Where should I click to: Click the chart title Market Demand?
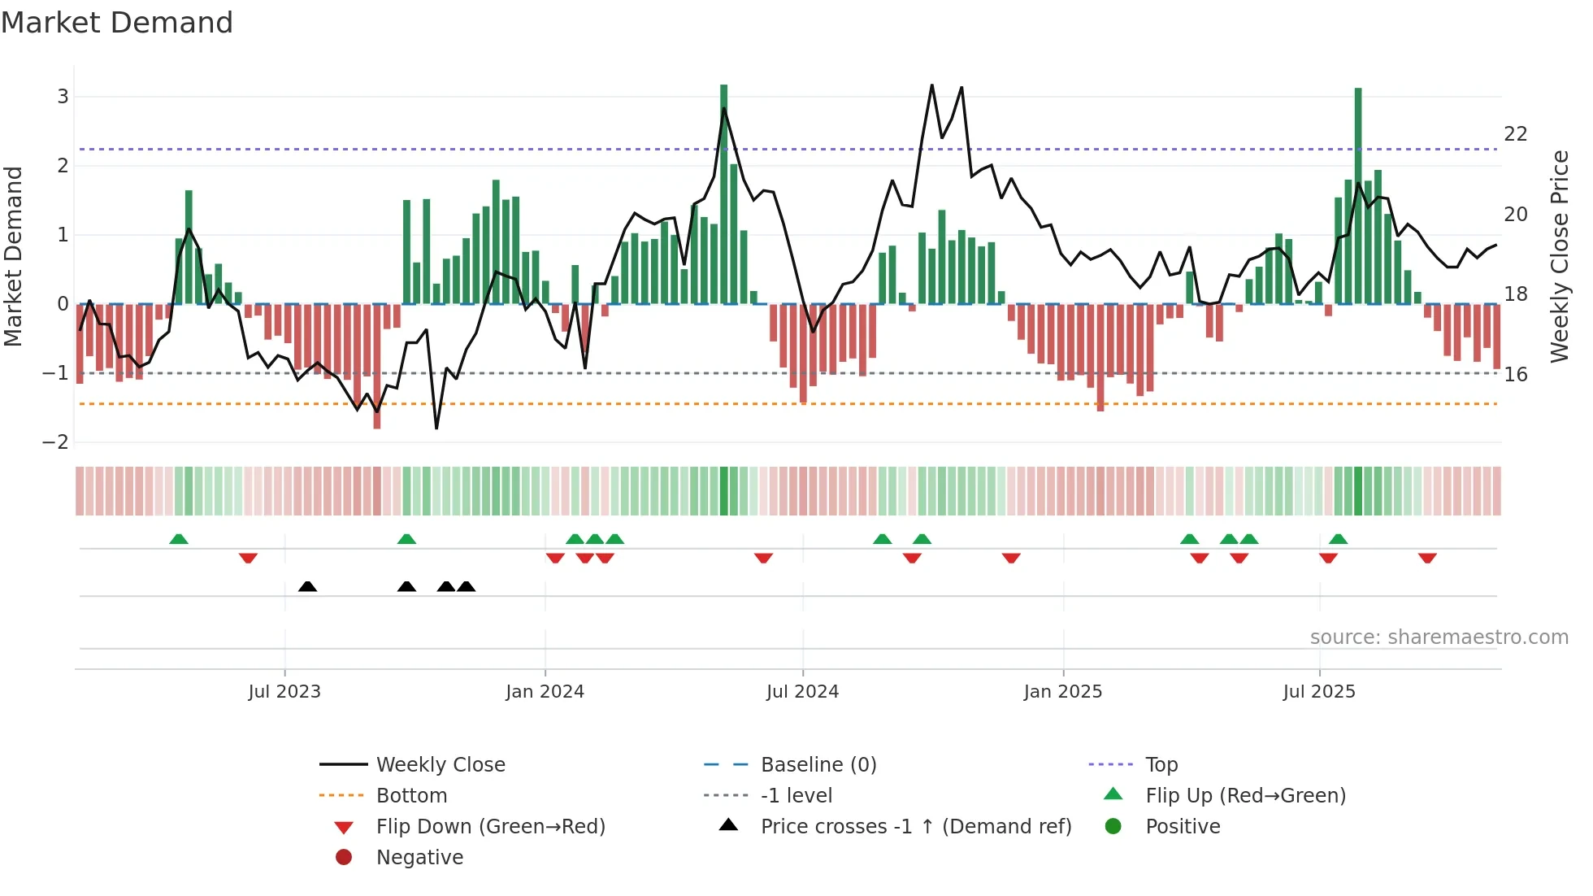click(117, 23)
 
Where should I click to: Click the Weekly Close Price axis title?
click(1559, 256)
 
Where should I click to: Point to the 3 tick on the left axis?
click(63, 97)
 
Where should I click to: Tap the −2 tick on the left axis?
click(56, 442)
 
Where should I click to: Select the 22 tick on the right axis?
click(1515, 134)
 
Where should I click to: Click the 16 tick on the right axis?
click(1515, 375)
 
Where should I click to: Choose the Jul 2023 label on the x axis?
click(284, 692)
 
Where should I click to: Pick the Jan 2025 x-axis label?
click(1062, 692)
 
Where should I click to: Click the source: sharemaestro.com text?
click(1439, 637)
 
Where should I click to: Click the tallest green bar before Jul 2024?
click(723, 195)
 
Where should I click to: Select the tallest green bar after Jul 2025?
click(1358, 195)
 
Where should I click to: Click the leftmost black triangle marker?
click(307, 586)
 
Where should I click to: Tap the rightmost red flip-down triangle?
click(1427, 558)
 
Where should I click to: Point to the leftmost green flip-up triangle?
click(179, 538)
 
